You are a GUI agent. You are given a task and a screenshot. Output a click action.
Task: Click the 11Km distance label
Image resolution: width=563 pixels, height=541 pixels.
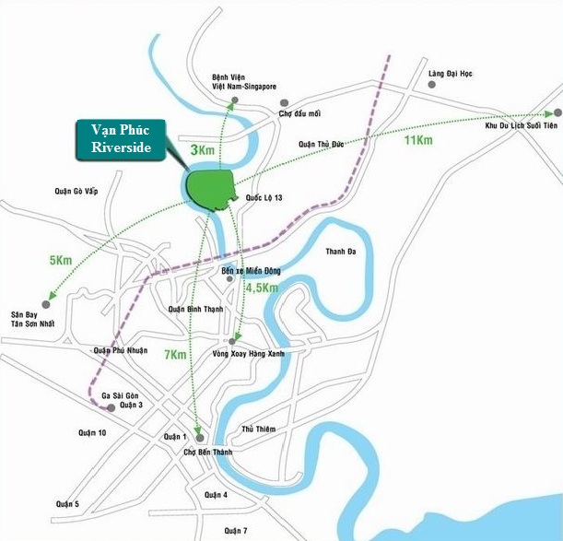(417, 140)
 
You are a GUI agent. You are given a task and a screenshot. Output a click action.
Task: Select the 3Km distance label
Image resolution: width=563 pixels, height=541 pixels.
(201, 148)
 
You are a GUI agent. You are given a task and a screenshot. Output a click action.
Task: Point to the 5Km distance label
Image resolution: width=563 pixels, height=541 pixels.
(61, 261)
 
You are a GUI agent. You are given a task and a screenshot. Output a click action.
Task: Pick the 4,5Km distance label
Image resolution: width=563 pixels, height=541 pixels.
(262, 288)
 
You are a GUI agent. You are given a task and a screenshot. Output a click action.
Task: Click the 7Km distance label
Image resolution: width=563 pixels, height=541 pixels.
(177, 354)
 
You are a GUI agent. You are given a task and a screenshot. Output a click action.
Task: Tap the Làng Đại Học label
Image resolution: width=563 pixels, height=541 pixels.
(449, 73)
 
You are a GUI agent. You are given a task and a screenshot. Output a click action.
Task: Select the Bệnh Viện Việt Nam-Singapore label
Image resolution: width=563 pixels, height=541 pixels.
(243, 81)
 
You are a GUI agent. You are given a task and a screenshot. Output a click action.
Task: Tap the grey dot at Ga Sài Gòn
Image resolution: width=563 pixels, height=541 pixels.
(111, 406)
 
